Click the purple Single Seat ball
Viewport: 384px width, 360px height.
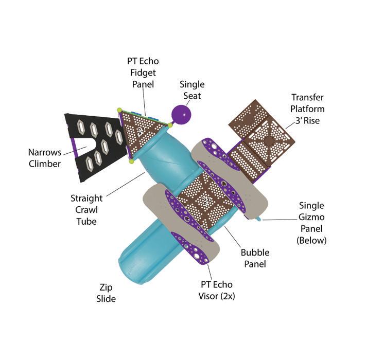[181, 114]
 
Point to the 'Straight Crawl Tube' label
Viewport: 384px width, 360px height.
[86, 209]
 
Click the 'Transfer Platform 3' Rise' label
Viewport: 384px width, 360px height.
[307, 108]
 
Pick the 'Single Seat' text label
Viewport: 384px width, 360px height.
[191, 89]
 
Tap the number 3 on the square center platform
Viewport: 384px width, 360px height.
[204, 202]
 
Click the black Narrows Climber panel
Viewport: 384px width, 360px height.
[95, 147]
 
